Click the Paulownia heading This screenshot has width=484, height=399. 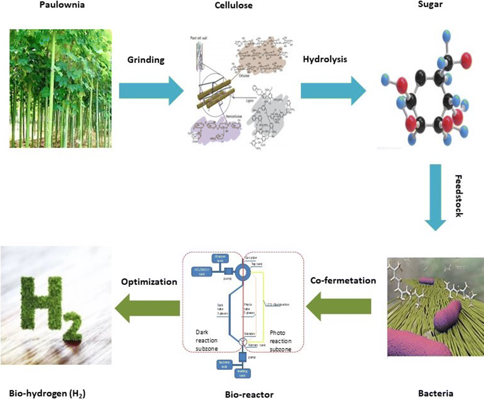tap(62, 5)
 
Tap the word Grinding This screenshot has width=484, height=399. tap(146, 60)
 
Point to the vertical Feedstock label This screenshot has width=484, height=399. tap(459, 196)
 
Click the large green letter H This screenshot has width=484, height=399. tap(42, 302)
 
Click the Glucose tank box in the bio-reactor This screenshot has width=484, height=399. tap(220, 258)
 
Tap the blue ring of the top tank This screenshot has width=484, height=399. tap(243, 272)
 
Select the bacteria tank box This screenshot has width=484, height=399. tap(224, 364)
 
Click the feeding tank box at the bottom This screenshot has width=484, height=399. tap(242, 373)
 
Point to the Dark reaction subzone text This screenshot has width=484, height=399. tap(206, 340)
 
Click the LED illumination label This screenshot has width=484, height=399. tap(278, 305)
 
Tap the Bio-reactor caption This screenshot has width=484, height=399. tap(249, 395)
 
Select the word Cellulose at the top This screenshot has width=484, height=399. tap(233, 5)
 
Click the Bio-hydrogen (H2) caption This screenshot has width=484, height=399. tap(47, 394)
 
